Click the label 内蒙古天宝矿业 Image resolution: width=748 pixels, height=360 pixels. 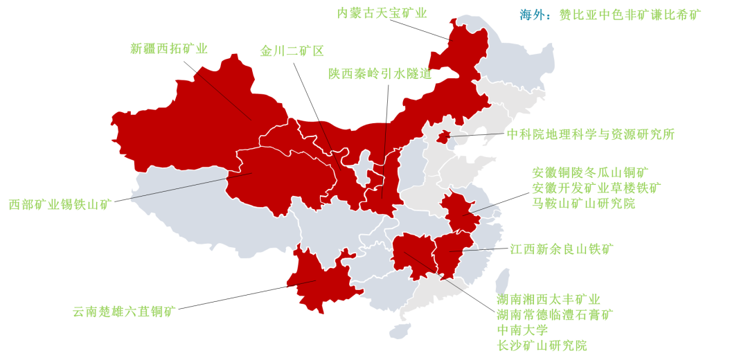click(x=382, y=13)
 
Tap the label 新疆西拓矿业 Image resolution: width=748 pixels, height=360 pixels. click(x=169, y=48)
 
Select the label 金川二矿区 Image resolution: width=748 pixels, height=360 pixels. click(x=292, y=51)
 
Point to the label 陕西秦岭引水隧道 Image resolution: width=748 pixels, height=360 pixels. click(x=380, y=74)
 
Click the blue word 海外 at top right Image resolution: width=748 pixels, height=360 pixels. click(x=534, y=15)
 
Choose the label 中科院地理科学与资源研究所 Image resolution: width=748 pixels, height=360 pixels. click(x=590, y=134)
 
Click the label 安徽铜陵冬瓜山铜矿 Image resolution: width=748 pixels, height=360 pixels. click(x=590, y=172)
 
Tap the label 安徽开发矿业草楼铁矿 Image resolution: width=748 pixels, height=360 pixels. click(x=596, y=188)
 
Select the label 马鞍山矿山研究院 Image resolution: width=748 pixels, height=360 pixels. click(x=583, y=203)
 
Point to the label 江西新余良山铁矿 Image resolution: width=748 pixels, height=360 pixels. click(x=562, y=249)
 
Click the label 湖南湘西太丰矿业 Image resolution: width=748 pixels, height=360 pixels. click(x=549, y=300)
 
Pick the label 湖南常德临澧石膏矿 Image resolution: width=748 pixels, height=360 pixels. click(x=555, y=315)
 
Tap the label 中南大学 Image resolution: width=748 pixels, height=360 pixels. click(x=522, y=330)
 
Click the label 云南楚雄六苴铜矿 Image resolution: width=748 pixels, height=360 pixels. click(x=125, y=312)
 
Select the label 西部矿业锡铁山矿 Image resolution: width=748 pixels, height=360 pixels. click(x=60, y=205)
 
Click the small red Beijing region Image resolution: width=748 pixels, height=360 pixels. click(x=443, y=136)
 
